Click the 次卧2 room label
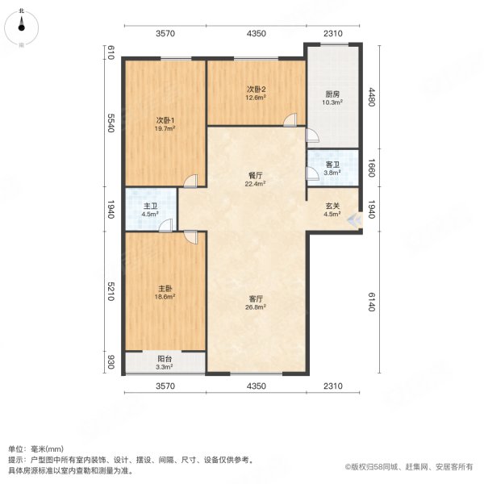(256, 90)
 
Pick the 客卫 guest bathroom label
(332, 165)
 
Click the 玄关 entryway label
(332, 206)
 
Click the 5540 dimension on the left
(112, 127)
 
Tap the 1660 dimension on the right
(372, 169)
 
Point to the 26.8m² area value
(256, 307)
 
